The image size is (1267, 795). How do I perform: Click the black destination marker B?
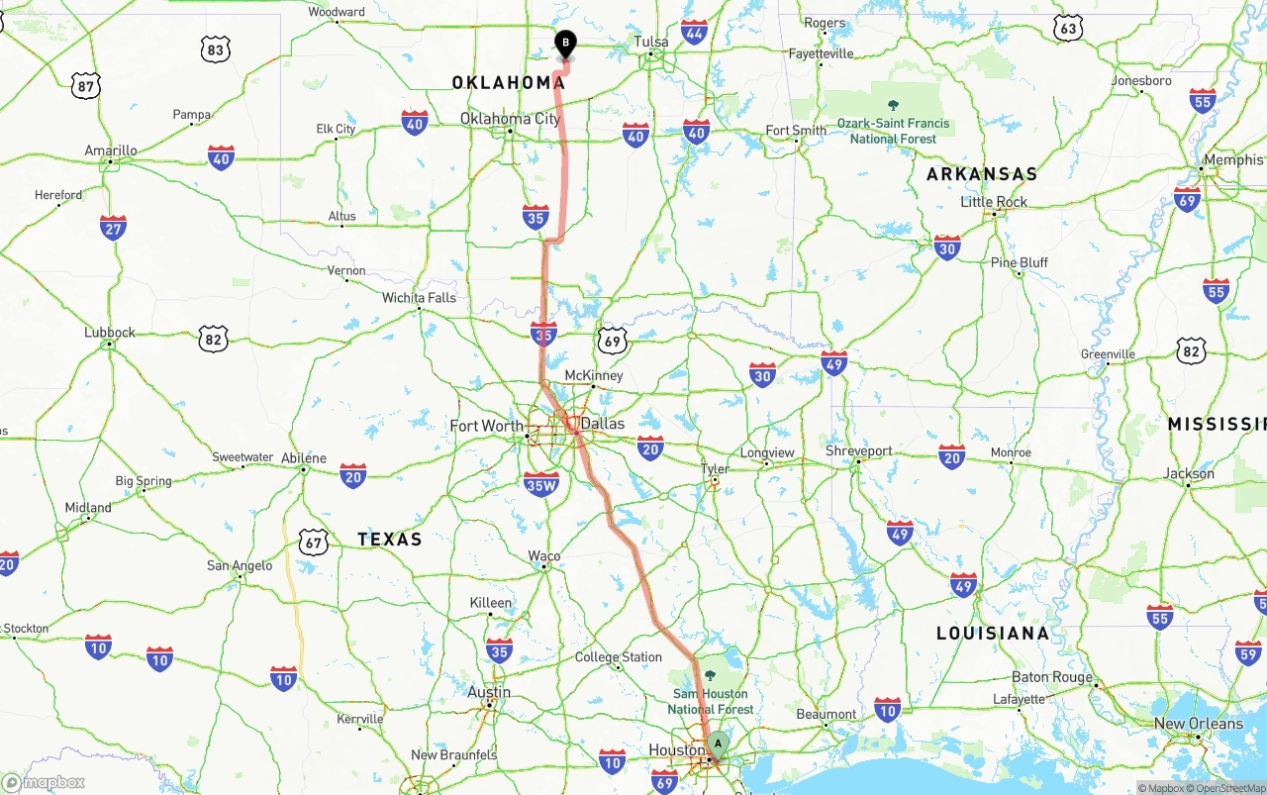(x=565, y=44)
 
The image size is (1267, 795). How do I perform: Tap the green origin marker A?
(x=718, y=744)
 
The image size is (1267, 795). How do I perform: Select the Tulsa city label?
(x=651, y=42)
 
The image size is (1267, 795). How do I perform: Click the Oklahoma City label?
(x=510, y=119)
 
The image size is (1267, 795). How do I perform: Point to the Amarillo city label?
(x=111, y=150)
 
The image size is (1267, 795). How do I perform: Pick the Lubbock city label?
(x=110, y=333)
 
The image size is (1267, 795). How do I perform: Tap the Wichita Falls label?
(x=420, y=297)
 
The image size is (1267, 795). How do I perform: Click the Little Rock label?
(x=994, y=202)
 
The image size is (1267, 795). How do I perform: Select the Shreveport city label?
(x=859, y=451)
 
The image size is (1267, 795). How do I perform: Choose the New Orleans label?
(x=1198, y=724)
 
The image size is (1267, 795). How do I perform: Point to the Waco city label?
(x=544, y=556)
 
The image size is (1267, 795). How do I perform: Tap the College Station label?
(x=619, y=657)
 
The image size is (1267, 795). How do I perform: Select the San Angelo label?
(x=240, y=565)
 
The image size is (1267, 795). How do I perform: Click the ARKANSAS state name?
(x=982, y=174)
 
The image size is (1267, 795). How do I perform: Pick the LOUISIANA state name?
(x=993, y=633)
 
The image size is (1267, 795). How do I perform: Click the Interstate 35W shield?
(x=541, y=483)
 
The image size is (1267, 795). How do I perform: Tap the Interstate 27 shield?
(x=113, y=228)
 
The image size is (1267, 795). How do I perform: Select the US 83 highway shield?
(x=215, y=50)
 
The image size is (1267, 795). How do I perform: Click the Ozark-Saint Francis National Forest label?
(x=893, y=131)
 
